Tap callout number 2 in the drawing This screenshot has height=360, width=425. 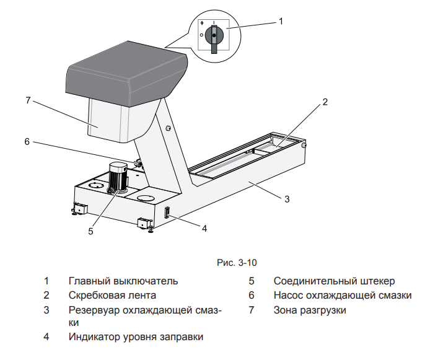[x=325, y=102]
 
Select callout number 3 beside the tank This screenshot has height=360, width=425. [x=287, y=199]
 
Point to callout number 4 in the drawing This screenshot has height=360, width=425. [x=204, y=227]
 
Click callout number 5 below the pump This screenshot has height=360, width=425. [x=91, y=231]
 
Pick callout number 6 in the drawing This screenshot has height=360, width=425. [x=27, y=141]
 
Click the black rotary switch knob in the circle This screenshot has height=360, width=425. [x=214, y=37]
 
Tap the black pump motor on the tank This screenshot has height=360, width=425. [x=118, y=177]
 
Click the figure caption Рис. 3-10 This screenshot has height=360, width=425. [x=237, y=263]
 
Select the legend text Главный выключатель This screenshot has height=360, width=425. [x=123, y=281]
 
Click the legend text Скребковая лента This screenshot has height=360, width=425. [x=112, y=296]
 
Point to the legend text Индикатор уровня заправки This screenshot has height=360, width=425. [x=136, y=337]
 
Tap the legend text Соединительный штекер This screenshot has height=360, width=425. [x=334, y=281]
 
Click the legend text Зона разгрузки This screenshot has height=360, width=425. [x=310, y=310]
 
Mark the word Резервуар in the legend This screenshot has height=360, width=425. [x=93, y=310]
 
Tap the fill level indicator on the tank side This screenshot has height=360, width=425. [x=167, y=213]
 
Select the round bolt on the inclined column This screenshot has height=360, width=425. [x=168, y=129]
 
